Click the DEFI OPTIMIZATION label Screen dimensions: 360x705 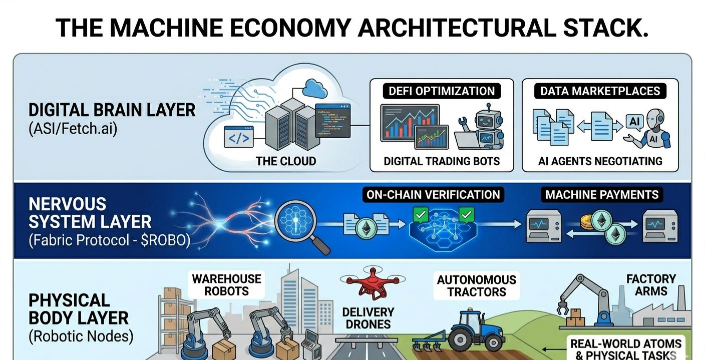pyautogui.click(x=442, y=91)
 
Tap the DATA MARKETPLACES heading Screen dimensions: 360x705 pyautogui.click(x=600, y=91)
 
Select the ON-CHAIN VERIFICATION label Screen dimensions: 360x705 pyautogui.click(x=433, y=195)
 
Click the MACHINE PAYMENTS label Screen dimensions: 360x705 pyautogui.click(x=602, y=195)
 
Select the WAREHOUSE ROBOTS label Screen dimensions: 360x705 pyautogui.click(x=227, y=285)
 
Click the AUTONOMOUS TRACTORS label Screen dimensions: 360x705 pyautogui.click(x=476, y=285)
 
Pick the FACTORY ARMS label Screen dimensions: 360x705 pyautogui.click(x=651, y=285)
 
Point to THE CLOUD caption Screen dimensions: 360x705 pyautogui.click(x=286, y=161)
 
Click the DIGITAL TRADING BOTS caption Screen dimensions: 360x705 pyautogui.click(x=442, y=161)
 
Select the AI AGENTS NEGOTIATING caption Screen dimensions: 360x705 pyautogui.click(x=600, y=161)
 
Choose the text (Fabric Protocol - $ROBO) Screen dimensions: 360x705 pyautogui.click(x=109, y=240)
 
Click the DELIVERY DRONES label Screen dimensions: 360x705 pyautogui.click(x=368, y=318)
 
